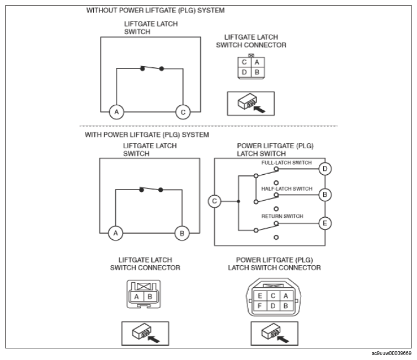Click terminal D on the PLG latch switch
pos(325,169)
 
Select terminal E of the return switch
pos(325,223)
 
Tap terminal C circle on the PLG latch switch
pos(215,201)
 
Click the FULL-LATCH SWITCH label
pos(286,163)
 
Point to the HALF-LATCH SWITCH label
pos(287,189)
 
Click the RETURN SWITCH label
pos(282,216)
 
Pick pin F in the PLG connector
pos(260,306)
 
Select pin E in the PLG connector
pos(260,296)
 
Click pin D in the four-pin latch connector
pos(244,72)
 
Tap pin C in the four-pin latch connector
pos(244,62)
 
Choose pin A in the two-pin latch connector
pos(137,297)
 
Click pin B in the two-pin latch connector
pos(149,297)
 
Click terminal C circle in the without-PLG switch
pos(183,112)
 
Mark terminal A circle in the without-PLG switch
pos(116,112)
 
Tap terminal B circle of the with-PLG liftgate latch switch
pos(182,233)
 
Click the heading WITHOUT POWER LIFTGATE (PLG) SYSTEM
pos(156,10)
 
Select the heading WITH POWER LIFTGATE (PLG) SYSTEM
pos(147,135)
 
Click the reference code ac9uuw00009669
pos(391,353)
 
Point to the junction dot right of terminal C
pos(238,201)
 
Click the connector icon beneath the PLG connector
pos(275,334)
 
